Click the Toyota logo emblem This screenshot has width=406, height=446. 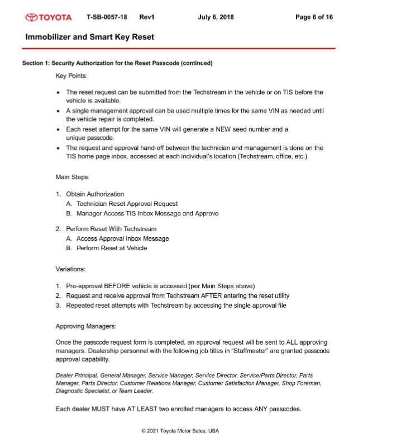(32, 17)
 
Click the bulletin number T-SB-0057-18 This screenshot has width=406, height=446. (107, 17)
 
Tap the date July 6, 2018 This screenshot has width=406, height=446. (216, 17)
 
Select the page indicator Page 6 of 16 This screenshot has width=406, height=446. (314, 17)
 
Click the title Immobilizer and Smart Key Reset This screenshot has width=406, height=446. (89, 37)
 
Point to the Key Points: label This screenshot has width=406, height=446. (71, 75)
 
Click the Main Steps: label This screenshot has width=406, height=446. (72, 177)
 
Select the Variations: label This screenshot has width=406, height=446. (70, 269)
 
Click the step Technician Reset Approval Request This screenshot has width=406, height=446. (127, 204)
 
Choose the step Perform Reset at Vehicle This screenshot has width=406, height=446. (112, 248)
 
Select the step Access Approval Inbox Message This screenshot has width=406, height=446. (122, 238)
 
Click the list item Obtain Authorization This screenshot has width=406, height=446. (95, 194)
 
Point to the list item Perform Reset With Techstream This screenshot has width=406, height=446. (111, 229)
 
